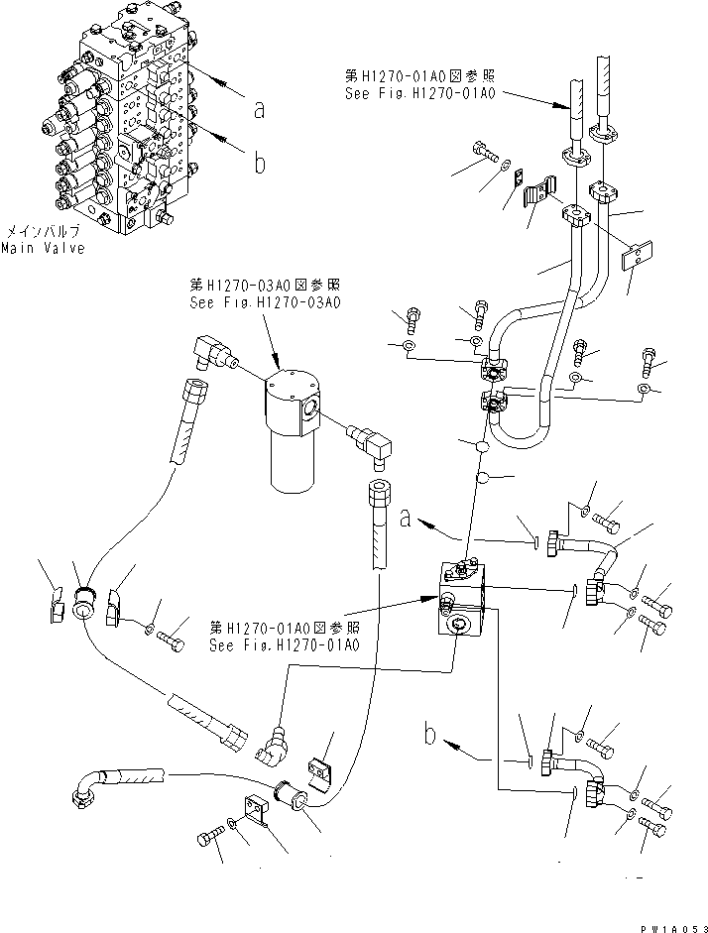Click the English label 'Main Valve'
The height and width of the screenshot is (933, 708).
[x=41, y=248]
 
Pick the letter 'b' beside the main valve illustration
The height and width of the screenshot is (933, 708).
[x=260, y=163]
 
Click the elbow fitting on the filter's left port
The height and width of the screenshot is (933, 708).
[x=210, y=353]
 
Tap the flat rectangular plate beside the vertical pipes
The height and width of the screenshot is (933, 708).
[x=634, y=260]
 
